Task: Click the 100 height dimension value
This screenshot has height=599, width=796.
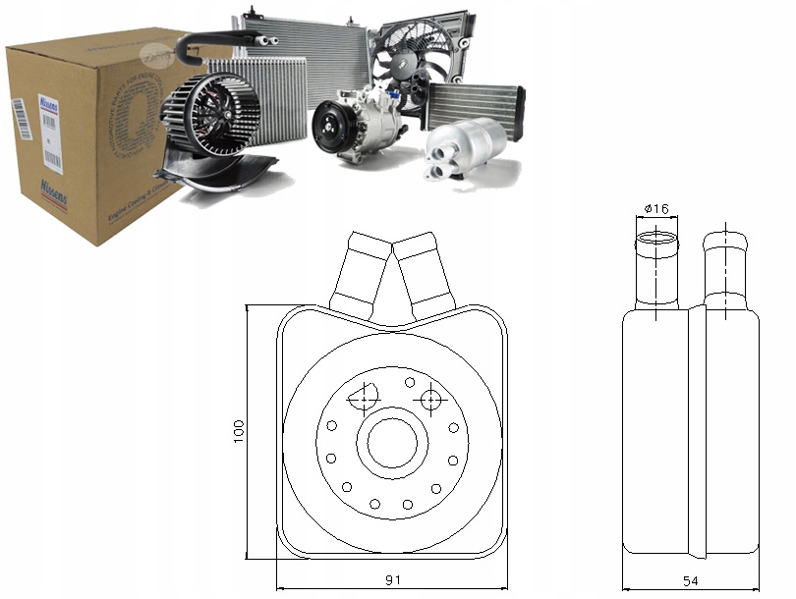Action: [x=238, y=430]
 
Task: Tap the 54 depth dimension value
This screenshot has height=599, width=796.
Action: [x=691, y=581]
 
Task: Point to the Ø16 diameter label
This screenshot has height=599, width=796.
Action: [x=654, y=209]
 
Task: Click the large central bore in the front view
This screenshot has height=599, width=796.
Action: [x=392, y=444]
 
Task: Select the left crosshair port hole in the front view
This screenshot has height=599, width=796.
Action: [x=363, y=398]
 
